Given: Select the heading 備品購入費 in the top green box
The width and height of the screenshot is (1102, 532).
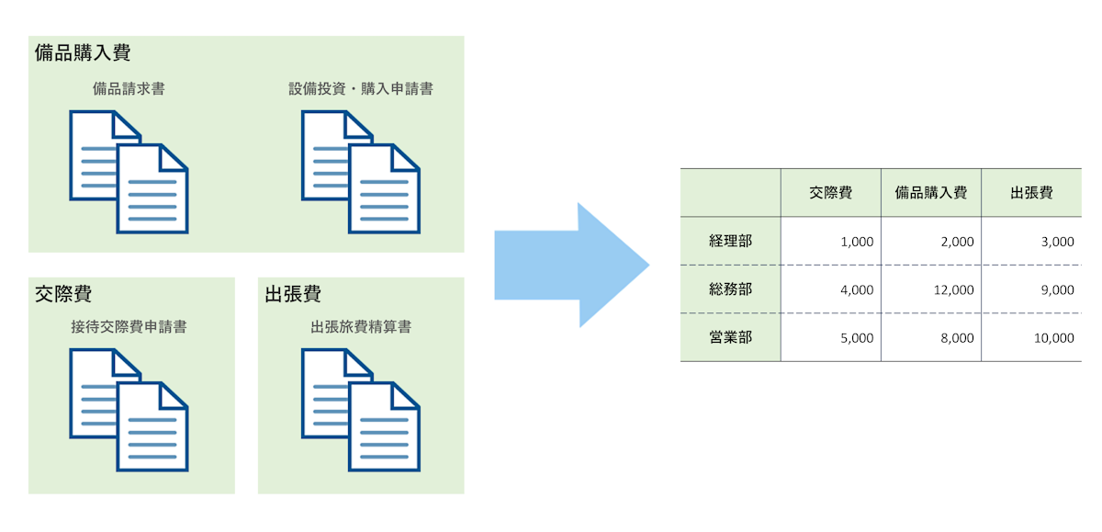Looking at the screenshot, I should click(x=83, y=52).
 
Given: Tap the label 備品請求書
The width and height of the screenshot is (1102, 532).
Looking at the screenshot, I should click(x=129, y=89).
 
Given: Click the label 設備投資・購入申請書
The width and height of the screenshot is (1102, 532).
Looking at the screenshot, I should click(x=361, y=89).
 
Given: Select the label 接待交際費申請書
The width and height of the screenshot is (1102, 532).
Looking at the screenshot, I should click(x=129, y=326).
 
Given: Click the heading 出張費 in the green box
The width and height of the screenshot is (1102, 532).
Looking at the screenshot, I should click(x=293, y=294).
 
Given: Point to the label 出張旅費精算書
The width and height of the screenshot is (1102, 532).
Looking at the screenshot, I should click(x=361, y=326).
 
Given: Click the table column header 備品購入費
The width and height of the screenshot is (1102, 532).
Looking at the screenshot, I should click(x=931, y=193).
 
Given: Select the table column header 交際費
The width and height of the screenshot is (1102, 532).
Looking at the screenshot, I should click(x=831, y=193).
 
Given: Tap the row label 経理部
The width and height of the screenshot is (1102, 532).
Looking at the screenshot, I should click(x=731, y=242).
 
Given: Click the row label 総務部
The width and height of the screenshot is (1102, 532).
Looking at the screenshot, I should click(x=731, y=289).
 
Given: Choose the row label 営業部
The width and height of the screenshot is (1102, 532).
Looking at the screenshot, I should click(x=731, y=337).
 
